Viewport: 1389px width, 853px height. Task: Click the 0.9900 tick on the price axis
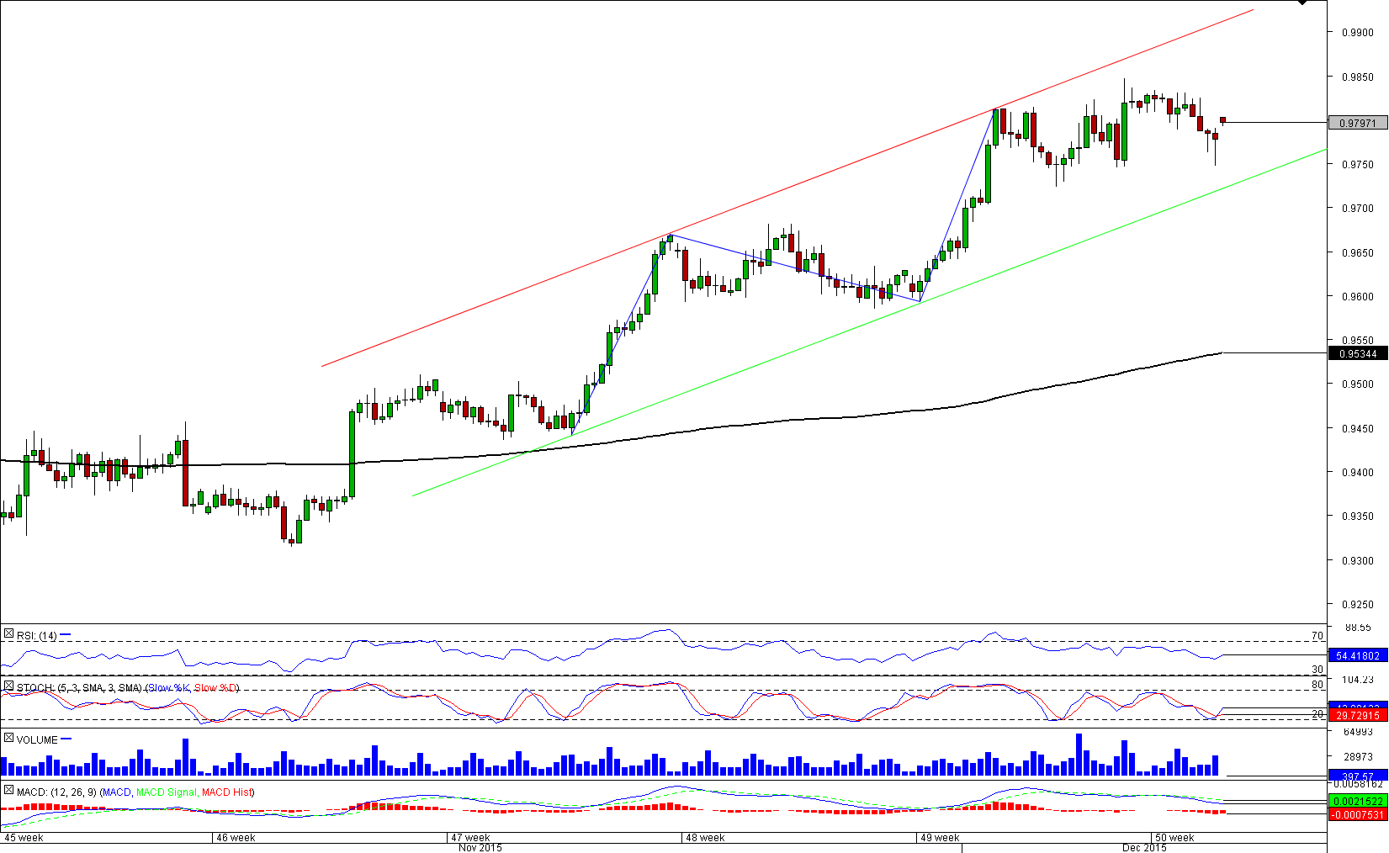coord(1356,33)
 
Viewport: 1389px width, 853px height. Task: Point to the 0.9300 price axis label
coord(1356,560)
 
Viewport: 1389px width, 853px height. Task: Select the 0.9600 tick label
coord(1356,296)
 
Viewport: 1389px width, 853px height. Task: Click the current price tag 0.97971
coord(1357,123)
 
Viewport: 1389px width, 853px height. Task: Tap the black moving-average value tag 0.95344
coord(1357,353)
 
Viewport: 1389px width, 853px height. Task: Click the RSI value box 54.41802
coord(1357,655)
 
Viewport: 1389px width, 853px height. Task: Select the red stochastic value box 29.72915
coord(1357,715)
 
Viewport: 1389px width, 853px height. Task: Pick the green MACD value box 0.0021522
coord(1357,801)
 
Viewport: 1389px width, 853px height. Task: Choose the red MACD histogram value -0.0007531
coord(1357,814)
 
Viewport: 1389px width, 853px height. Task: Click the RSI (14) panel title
coord(37,636)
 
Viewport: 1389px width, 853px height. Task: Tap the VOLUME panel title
coord(37,739)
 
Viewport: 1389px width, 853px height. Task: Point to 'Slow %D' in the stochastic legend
coord(216,688)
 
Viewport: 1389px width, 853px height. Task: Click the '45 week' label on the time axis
coord(24,838)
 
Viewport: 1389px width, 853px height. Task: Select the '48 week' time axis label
coord(705,838)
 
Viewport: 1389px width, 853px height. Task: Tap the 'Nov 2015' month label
coord(480,847)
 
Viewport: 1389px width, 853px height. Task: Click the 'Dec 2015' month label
coord(1144,847)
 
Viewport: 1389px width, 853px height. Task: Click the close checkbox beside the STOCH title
coord(8,687)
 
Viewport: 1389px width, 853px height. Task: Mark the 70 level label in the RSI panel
coord(1317,636)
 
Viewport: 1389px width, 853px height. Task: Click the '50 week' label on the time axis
coord(1174,838)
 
